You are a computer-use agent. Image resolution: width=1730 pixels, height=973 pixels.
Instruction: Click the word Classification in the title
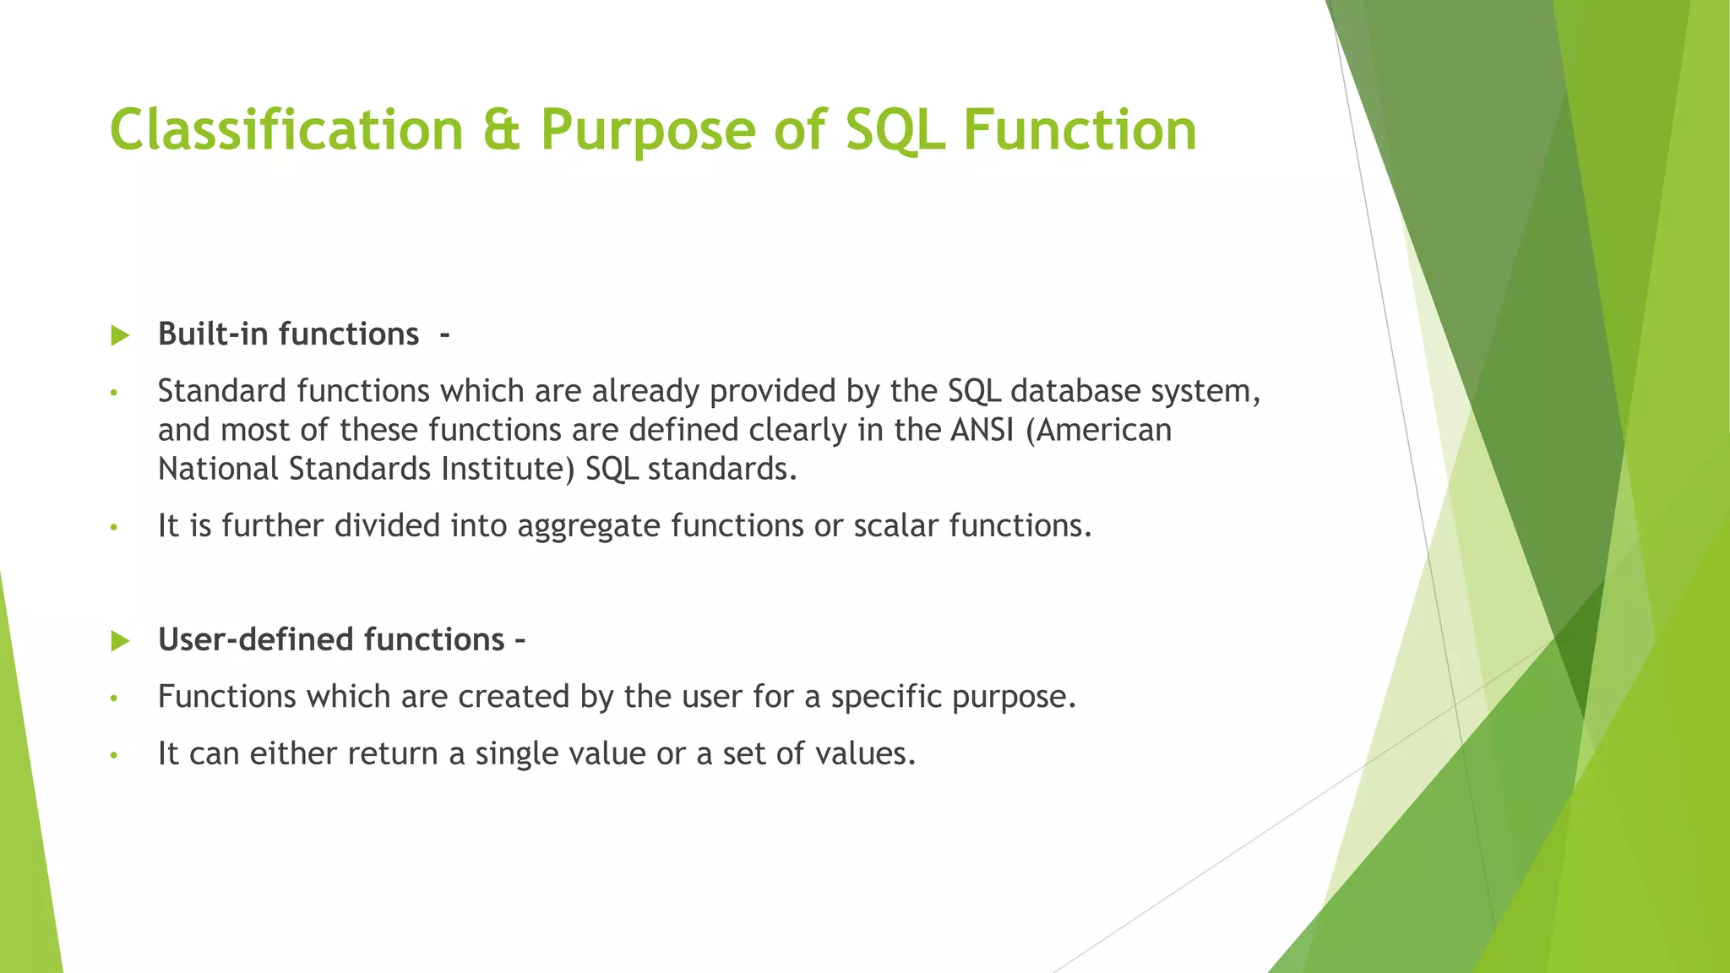pos(286,130)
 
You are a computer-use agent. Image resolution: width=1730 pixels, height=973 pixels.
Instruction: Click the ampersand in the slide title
pos(502,130)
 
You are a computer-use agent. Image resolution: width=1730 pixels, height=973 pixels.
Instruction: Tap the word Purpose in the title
pos(647,130)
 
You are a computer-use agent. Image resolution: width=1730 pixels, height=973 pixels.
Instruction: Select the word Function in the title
pos(1079,130)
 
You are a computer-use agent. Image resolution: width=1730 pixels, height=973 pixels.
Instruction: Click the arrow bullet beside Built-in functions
pos(120,335)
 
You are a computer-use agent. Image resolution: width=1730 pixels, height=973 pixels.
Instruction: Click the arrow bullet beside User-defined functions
pos(120,641)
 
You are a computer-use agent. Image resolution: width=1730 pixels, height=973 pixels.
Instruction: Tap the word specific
pos(886,697)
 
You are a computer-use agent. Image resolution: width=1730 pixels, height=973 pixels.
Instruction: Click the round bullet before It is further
pos(114,528)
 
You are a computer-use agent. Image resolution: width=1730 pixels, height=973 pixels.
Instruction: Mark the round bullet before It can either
pos(114,755)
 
